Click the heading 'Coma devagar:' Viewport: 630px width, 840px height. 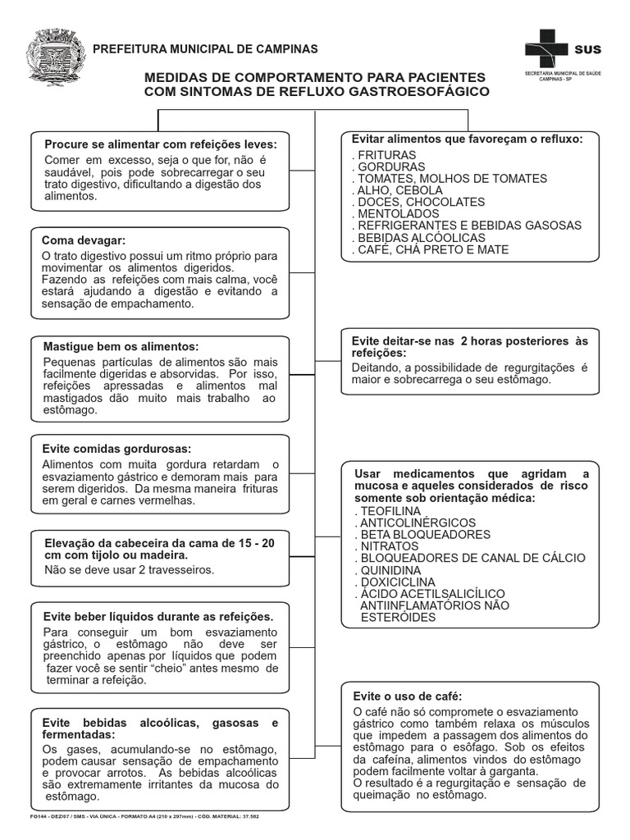coord(84,240)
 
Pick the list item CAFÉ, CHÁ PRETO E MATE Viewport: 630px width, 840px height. coord(431,249)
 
